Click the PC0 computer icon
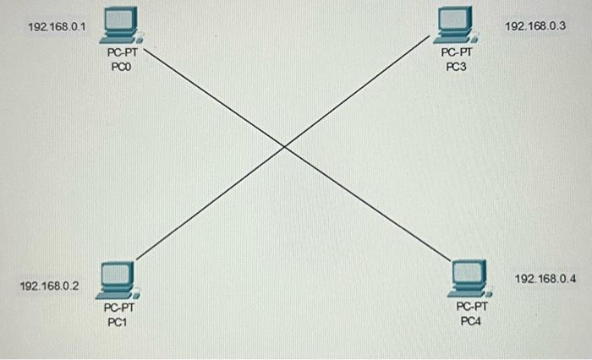pos(120,25)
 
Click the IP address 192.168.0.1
pos(57,27)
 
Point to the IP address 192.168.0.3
pos(534,26)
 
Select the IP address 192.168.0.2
pos(49,286)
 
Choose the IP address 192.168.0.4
pos(545,279)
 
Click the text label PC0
pos(122,67)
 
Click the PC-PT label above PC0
pos(122,53)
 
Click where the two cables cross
pos(284,148)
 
